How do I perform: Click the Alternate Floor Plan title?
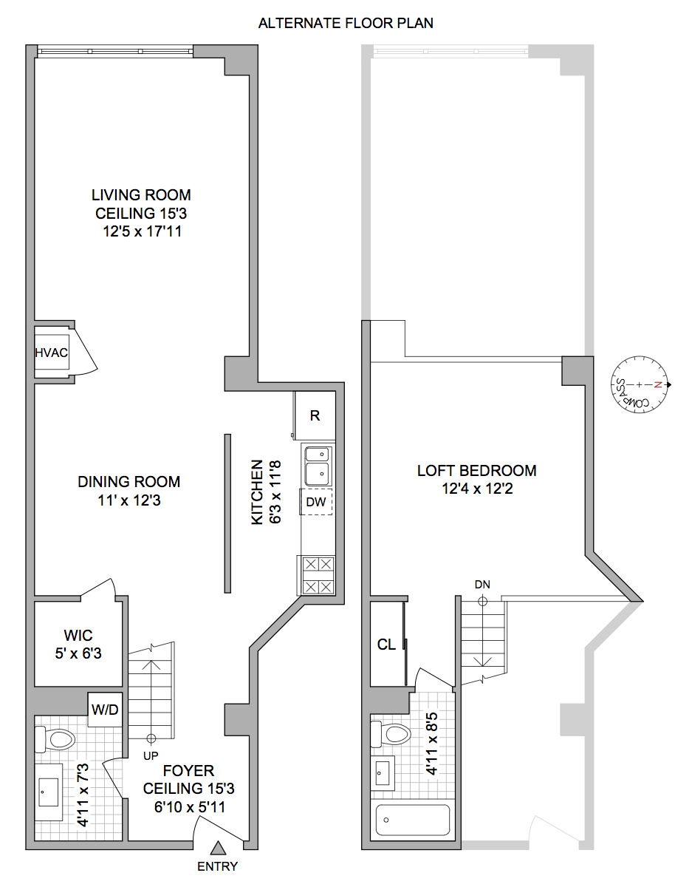346,23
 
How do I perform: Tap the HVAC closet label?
51,353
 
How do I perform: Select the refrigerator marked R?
315,415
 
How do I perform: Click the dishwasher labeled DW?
316,502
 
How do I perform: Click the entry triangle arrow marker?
219,849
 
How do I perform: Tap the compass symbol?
640,384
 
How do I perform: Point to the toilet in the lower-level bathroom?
56,738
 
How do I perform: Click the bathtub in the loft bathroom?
413,821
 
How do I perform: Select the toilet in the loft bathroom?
391,734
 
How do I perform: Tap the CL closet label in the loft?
386,645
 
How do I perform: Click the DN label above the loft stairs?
482,585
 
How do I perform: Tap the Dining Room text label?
129,482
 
